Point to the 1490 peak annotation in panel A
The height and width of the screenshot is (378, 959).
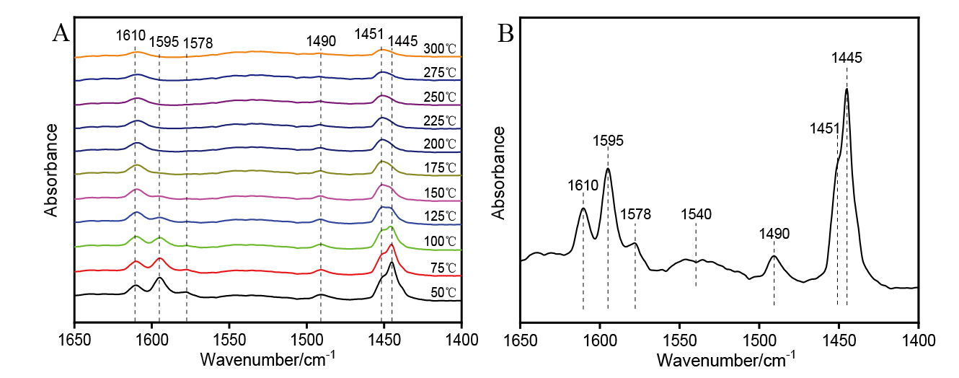[321, 42]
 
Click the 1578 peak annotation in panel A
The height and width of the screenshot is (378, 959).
[198, 43]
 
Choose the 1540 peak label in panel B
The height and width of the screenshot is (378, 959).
[696, 214]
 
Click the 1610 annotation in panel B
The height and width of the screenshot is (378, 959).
[583, 185]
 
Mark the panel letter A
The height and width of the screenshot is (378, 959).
[61, 33]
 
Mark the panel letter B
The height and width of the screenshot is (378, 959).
[506, 33]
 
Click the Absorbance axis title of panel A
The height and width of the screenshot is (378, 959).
[50, 170]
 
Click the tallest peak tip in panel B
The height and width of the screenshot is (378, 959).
[847, 89]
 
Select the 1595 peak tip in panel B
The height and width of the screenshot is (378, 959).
[608, 169]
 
